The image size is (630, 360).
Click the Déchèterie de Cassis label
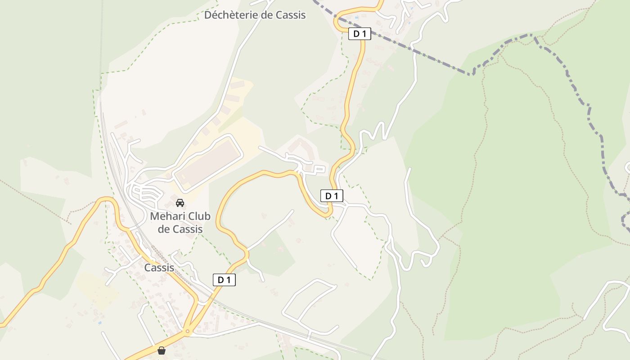255,15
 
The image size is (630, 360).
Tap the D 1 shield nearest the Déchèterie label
360,33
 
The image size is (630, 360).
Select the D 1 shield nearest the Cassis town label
224,280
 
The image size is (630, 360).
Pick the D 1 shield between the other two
332,196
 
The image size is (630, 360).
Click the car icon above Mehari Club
180,202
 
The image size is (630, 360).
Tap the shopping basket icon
162,351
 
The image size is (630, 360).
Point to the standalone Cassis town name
159,268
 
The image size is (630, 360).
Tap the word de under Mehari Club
164,229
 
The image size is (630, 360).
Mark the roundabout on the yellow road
188,332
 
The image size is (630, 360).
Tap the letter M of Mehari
154,216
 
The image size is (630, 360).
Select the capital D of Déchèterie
208,15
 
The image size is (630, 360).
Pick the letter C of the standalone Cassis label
147,268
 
